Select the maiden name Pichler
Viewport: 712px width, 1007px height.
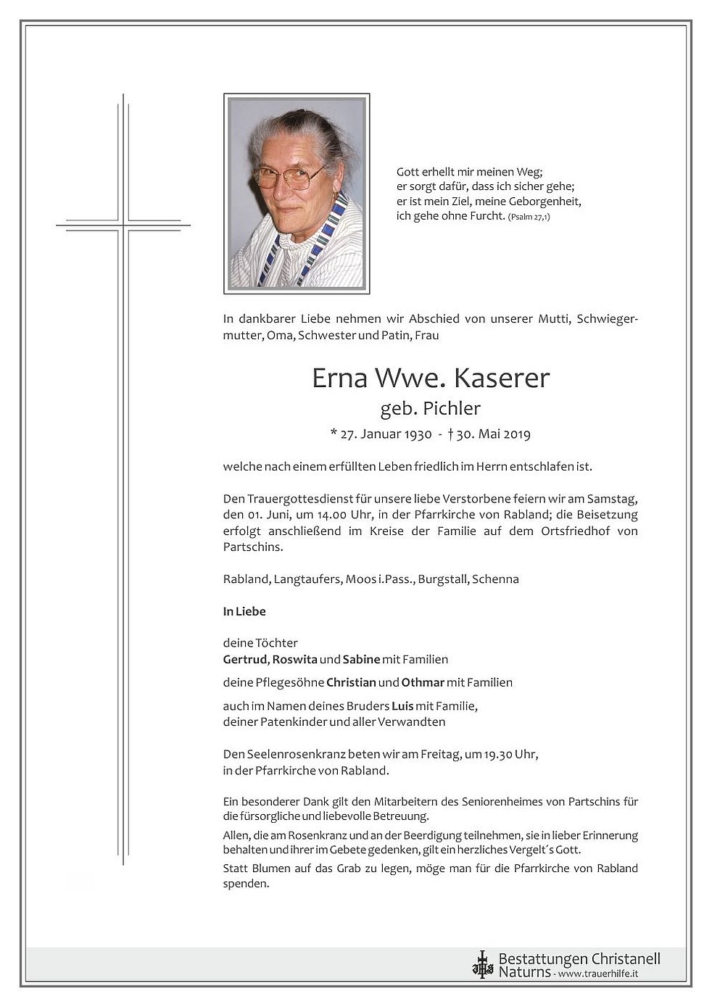click(x=452, y=409)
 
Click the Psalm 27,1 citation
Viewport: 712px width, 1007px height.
click(x=529, y=217)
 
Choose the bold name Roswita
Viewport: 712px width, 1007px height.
click(x=294, y=659)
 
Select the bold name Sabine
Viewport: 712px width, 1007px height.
click(x=361, y=659)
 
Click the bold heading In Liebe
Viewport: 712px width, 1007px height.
click(x=244, y=611)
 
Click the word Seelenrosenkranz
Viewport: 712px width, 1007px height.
click(x=293, y=755)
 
